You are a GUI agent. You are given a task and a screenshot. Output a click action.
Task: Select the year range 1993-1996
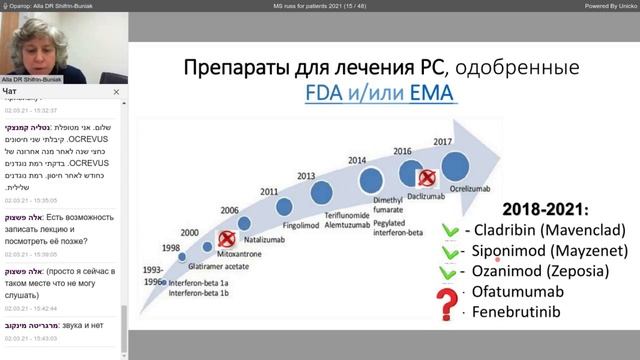(x=151, y=275)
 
